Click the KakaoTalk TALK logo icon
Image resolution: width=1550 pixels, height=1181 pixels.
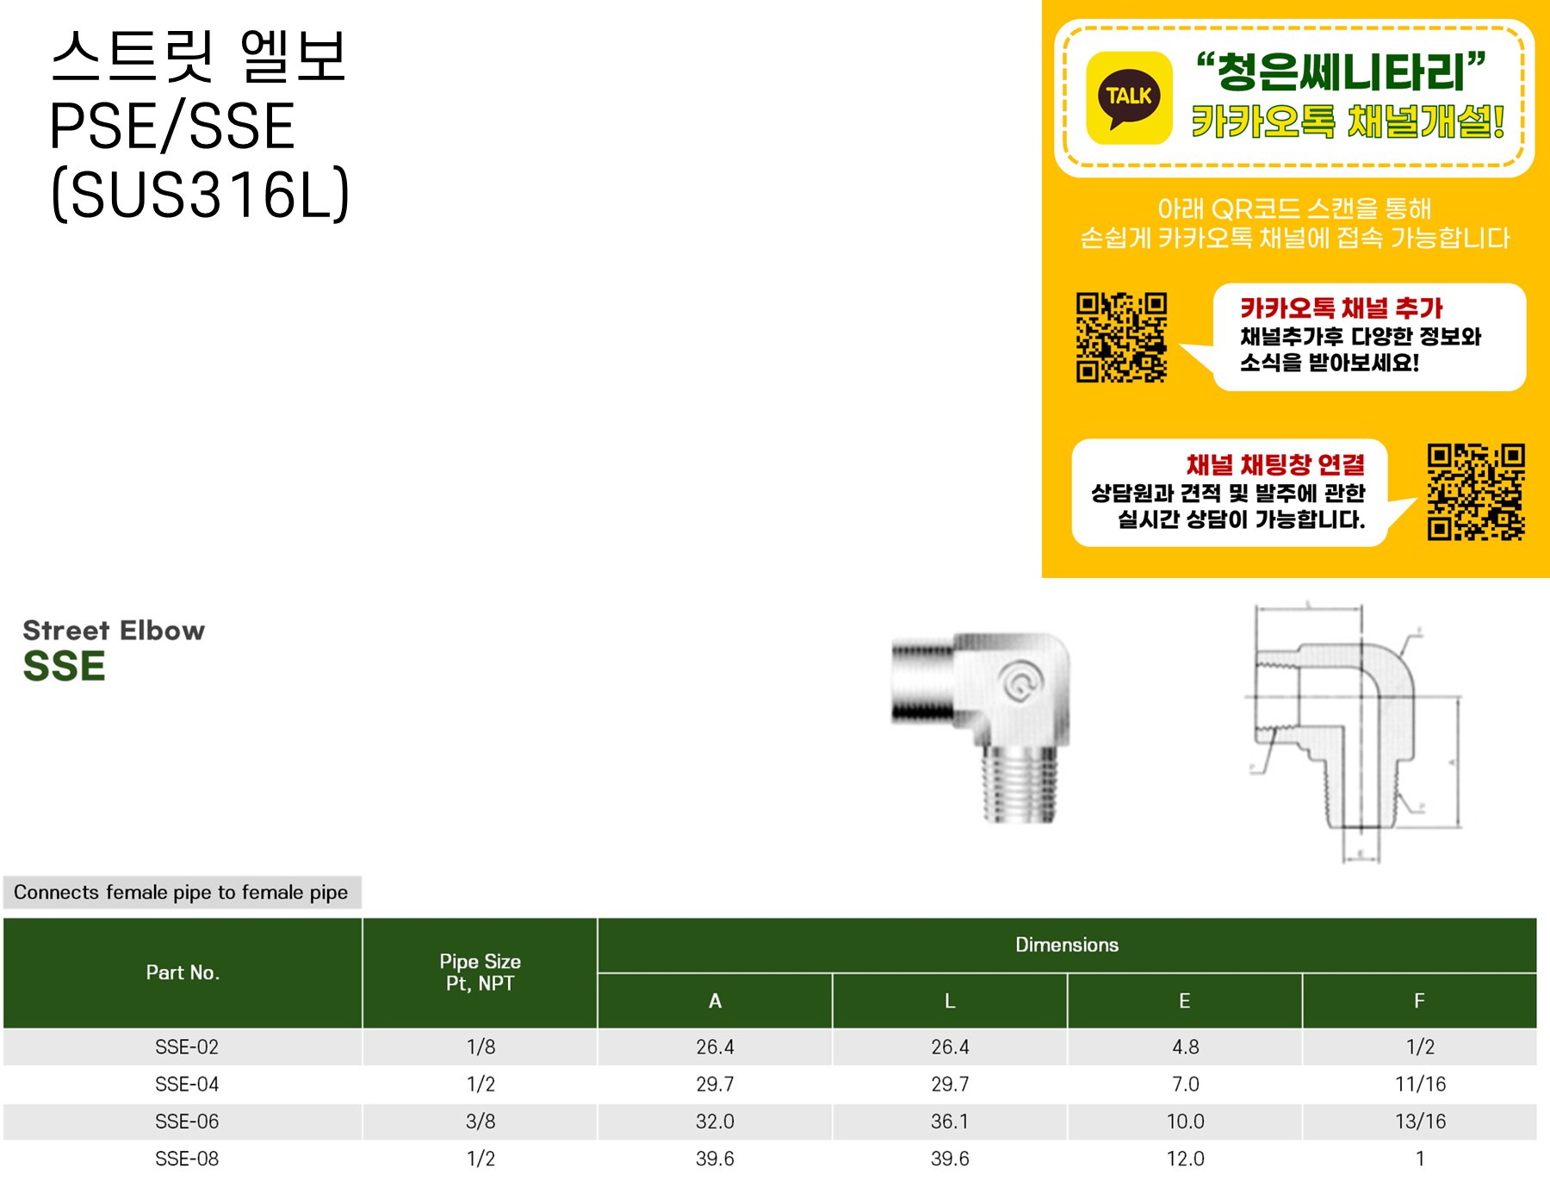tap(1129, 97)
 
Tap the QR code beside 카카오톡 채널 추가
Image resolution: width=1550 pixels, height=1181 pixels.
tap(1121, 337)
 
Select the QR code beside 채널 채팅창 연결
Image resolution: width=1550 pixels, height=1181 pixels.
tap(1475, 492)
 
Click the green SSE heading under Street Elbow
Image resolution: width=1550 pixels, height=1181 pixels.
tap(65, 667)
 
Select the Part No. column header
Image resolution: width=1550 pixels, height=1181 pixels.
tap(183, 973)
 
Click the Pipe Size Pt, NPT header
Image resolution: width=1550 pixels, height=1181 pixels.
tap(480, 973)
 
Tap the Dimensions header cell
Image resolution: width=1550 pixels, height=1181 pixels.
tap(1066, 945)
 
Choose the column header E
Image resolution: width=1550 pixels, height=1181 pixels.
tap(1184, 1001)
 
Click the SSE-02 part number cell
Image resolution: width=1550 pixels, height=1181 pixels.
tap(187, 1047)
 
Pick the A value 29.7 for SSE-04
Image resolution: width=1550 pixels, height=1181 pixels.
tap(715, 1084)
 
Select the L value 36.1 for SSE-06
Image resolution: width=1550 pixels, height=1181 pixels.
tap(950, 1122)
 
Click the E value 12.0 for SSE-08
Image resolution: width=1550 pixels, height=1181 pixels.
tap(1185, 1159)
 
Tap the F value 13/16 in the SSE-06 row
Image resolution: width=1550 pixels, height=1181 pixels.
tap(1420, 1122)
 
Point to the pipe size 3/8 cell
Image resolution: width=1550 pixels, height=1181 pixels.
tap(480, 1122)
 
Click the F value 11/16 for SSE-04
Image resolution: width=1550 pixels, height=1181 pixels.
tap(1420, 1084)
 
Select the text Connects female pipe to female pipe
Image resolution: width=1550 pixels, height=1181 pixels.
tap(181, 892)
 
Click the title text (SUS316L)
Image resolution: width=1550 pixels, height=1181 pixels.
tap(201, 195)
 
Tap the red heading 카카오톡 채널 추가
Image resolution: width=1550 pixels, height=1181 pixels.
tap(1341, 308)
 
